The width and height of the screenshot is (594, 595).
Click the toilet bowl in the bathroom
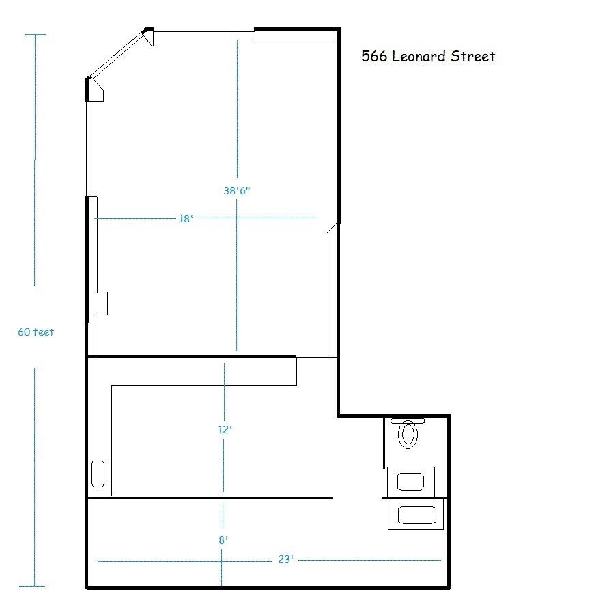click(408, 435)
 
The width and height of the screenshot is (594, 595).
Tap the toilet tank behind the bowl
click(408, 422)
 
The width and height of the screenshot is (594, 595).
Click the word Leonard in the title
click(419, 57)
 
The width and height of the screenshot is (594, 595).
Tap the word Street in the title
click(472, 57)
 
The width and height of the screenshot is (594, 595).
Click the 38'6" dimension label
click(237, 191)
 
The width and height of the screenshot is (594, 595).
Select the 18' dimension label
click(185, 219)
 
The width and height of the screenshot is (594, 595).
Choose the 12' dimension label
click(225, 430)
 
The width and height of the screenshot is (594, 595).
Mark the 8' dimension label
click(223, 540)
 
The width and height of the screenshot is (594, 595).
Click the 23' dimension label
click(285, 560)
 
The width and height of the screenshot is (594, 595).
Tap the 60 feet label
click(36, 332)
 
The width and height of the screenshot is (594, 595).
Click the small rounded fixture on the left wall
click(98, 474)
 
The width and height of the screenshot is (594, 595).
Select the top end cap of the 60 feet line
click(35, 34)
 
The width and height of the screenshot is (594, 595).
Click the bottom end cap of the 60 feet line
click(31, 586)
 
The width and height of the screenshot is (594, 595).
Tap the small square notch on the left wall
click(102, 304)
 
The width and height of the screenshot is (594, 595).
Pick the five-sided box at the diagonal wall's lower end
click(95, 91)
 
